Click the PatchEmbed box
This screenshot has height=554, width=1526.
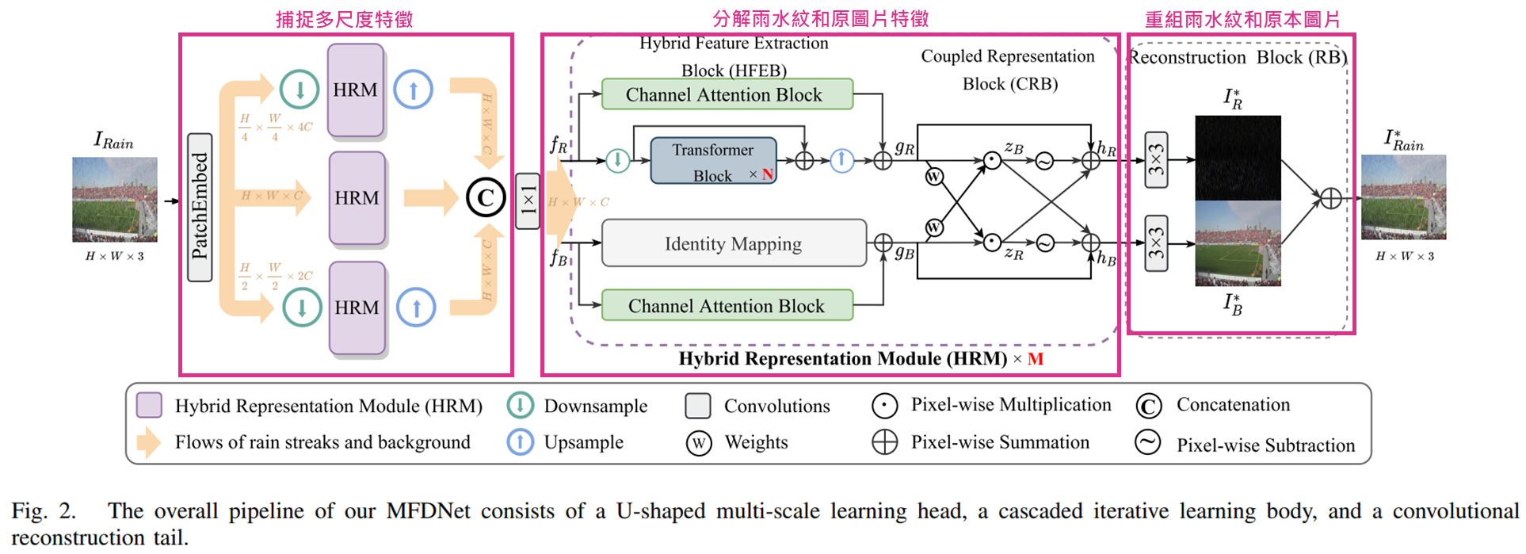click(200, 208)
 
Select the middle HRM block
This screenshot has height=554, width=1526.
click(357, 198)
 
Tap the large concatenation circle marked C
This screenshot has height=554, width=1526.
click(486, 198)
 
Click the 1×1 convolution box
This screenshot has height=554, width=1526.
click(528, 201)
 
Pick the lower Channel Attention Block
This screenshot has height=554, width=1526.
click(727, 306)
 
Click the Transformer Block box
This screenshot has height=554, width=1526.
click(713, 162)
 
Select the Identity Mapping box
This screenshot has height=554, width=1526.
click(733, 243)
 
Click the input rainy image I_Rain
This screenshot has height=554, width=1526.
click(115, 199)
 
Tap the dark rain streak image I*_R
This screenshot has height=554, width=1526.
click(1238, 158)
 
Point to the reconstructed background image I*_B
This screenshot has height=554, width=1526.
click(1238, 243)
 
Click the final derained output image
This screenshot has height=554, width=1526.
click(1403, 197)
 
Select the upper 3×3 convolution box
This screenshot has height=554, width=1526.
click(1157, 160)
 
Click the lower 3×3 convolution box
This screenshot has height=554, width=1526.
click(1157, 243)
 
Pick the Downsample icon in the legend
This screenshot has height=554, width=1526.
click(521, 405)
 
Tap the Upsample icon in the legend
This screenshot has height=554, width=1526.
click(521, 441)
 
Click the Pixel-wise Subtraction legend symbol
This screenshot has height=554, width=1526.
click(1147, 442)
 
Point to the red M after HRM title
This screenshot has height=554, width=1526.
click(1036, 359)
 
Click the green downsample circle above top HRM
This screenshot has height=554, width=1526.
click(299, 89)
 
